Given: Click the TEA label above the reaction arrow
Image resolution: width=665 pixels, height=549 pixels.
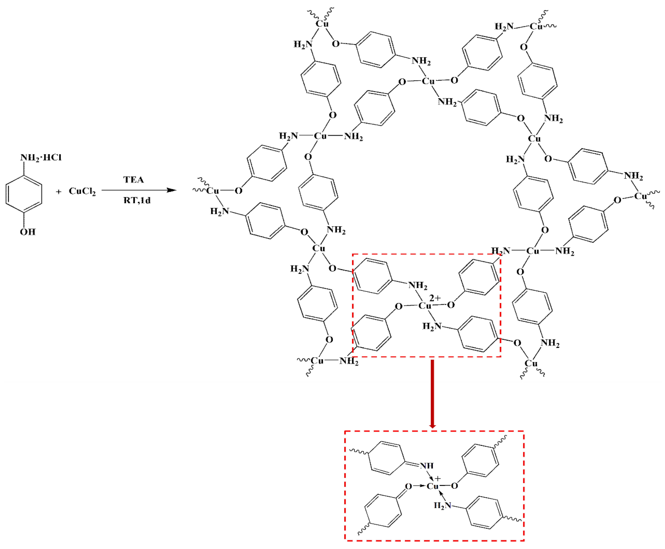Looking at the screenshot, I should click(x=133, y=180).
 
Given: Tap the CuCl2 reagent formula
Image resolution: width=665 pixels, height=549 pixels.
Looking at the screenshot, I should click(x=82, y=191).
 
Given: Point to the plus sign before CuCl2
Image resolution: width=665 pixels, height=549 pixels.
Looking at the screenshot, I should click(x=58, y=192).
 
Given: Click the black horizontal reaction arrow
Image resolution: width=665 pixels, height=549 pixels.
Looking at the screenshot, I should click(x=139, y=190).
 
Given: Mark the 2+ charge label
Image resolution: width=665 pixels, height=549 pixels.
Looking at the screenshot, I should click(x=435, y=298).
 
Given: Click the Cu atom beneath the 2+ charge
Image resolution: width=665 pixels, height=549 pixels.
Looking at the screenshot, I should click(x=425, y=305).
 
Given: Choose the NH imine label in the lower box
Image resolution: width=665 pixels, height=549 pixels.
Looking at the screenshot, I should click(x=427, y=466).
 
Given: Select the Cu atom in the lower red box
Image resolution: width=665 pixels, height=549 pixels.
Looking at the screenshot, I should click(x=433, y=486).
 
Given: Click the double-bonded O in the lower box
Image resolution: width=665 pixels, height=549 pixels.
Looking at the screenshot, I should click(x=409, y=486).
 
